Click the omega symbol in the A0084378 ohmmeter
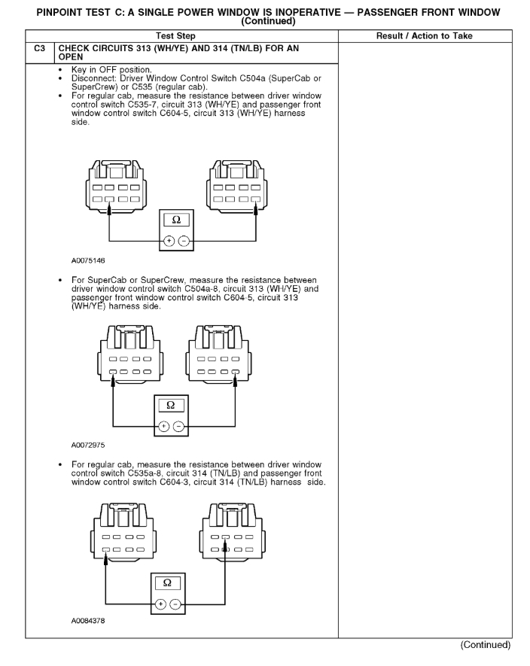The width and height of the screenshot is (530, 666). [168, 583]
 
